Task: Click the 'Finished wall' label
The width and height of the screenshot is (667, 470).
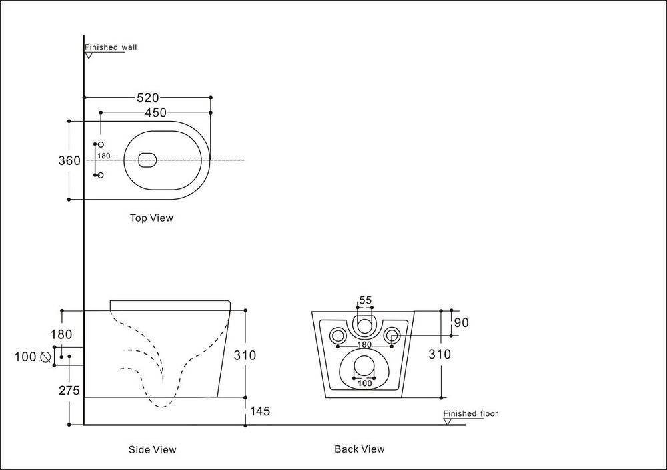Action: coord(111,47)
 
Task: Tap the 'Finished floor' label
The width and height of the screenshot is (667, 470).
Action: coord(471,414)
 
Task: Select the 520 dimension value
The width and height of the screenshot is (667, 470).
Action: coord(147,97)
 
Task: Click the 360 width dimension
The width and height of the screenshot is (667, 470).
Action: coord(69,160)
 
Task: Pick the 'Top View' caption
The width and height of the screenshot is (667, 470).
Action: coord(151,218)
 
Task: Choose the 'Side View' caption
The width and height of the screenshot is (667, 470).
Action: coord(152,449)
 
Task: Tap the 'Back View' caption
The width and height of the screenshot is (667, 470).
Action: coord(359,449)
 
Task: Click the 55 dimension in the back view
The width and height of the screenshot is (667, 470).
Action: coord(365,300)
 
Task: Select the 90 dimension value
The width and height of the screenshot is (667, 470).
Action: coord(462,323)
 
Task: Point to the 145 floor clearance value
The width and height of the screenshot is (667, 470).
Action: coord(259,411)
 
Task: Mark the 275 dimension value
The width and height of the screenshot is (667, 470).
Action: coord(69,391)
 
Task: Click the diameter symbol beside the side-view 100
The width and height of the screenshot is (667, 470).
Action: coord(46,357)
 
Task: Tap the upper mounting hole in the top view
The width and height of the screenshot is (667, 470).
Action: coord(101,145)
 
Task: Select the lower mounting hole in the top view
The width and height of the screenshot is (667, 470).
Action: coord(101,176)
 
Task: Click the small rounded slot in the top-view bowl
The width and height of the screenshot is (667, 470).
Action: coord(147,160)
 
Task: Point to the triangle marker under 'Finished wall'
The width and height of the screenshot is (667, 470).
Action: coord(89,55)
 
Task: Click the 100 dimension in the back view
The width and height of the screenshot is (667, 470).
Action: coord(364,383)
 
